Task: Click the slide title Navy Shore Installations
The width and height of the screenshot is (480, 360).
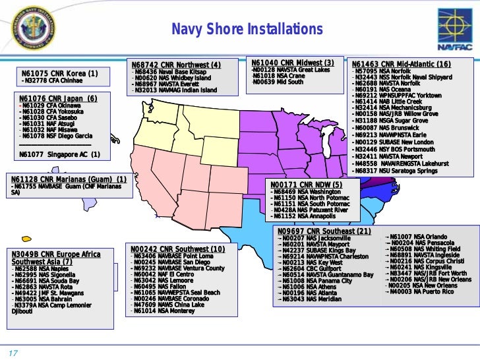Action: pyautogui.click(x=247, y=30)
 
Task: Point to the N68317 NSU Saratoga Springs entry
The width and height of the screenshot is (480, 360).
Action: pyautogui.click(x=396, y=171)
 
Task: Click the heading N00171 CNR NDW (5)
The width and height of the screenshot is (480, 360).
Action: pyautogui.click(x=307, y=184)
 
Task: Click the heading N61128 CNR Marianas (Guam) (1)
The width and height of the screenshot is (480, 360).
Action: pyautogui.click(x=69, y=179)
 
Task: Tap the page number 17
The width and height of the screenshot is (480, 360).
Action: pyautogui.click(x=12, y=351)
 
